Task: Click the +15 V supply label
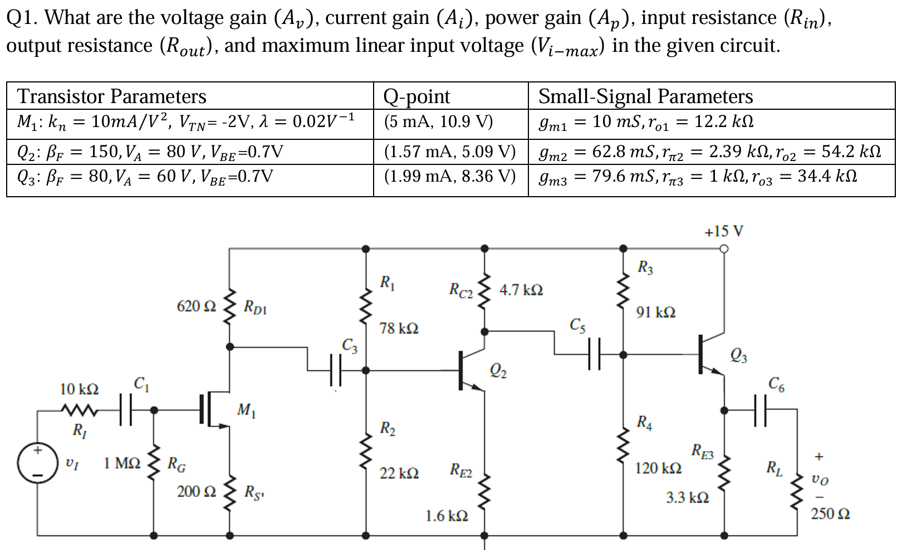(x=723, y=231)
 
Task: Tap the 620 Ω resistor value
(x=196, y=306)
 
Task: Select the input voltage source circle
(x=37, y=463)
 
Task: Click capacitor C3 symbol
(x=335, y=370)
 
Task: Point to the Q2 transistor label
(x=498, y=371)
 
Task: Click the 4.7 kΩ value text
(x=521, y=290)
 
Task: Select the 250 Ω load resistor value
(x=830, y=513)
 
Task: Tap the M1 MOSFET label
(x=246, y=411)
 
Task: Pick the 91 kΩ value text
(x=656, y=312)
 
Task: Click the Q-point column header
(x=416, y=96)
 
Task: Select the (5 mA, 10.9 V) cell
(x=438, y=121)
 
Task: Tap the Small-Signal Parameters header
(x=645, y=96)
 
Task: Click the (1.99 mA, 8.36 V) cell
(x=450, y=176)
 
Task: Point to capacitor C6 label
(x=776, y=383)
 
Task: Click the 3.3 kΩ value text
(x=687, y=497)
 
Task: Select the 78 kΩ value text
(x=399, y=328)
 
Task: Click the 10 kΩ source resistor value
(x=79, y=389)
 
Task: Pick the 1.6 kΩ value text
(x=447, y=516)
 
